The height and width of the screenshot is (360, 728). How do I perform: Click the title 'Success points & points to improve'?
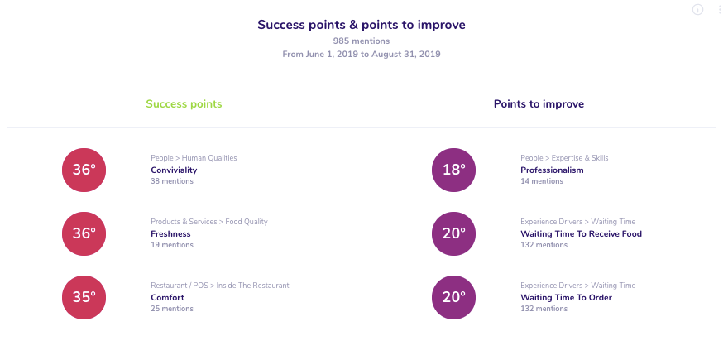[x=362, y=25]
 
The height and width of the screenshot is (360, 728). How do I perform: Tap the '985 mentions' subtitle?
[x=362, y=41]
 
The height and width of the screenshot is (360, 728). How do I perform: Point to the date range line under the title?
[x=362, y=54]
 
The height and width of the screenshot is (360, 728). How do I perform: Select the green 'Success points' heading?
[x=184, y=104]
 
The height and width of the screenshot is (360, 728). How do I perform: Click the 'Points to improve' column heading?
[x=539, y=104]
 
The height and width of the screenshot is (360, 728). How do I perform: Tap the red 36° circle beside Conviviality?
[x=84, y=170]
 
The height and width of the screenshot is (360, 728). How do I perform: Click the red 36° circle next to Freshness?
[x=84, y=233]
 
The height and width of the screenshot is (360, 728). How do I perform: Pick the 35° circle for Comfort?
[x=84, y=297]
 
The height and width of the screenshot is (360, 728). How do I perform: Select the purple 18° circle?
[x=453, y=170]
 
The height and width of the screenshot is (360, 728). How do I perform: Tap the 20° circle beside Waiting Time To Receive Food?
[x=453, y=233]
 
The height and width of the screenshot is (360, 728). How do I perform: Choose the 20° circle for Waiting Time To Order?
[x=453, y=297]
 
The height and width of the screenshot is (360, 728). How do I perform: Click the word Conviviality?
[x=174, y=170]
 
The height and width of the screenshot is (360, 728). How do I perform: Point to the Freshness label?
[x=170, y=233]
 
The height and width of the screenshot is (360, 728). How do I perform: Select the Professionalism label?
[x=552, y=170]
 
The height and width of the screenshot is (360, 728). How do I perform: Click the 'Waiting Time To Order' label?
[x=566, y=297]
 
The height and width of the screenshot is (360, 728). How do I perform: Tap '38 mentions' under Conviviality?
[x=172, y=181]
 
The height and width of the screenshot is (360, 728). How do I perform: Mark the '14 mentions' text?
[x=541, y=181]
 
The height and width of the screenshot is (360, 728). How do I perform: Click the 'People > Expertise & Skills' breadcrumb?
[x=564, y=158]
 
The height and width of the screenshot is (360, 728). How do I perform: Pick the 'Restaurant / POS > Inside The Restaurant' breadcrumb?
[x=219, y=286]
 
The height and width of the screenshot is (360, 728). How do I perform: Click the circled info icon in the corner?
[x=697, y=9]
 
